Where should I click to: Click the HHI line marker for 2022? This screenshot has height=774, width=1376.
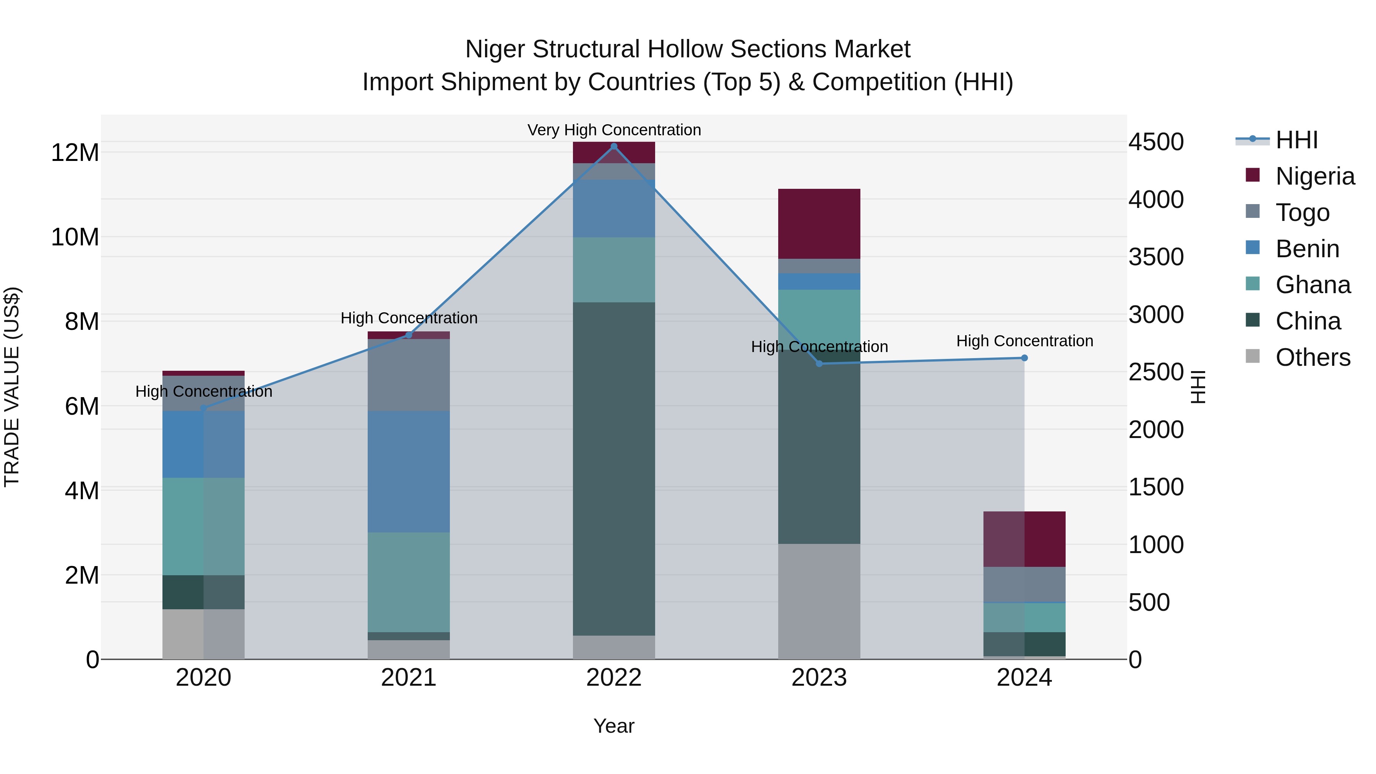pyautogui.click(x=614, y=146)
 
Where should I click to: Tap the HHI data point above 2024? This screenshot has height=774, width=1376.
pyautogui.click(x=1024, y=358)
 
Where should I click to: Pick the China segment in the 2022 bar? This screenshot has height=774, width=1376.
pyautogui.click(x=614, y=469)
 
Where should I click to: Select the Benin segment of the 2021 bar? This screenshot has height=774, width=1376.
pyautogui.click(x=409, y=471)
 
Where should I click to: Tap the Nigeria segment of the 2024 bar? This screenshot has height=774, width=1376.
pyautogui.click(x=1024, y=539)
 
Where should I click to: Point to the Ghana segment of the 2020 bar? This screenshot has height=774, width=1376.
pyautogui.click(x=203, y=526)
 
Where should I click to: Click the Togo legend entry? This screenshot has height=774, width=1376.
pyautogui.click(x=1302, y=213)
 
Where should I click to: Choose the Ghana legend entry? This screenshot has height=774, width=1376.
pyautogui.click(x=1313, y=285)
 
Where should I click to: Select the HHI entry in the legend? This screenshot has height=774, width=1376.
pyautogui.click(x=1296, y=140)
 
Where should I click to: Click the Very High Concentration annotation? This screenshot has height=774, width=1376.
pyautogui.click(x=614, y=130)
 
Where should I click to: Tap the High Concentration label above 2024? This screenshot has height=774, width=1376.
pyautogui.click(x=1024, y=341)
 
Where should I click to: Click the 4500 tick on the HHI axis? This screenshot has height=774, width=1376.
pyautogui.click(x=1156, y=142)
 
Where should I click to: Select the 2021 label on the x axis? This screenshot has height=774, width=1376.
pyautogui.click(x=409, y=678)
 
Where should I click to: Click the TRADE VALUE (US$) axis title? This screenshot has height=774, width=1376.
pyautogui.click(x=12, y=387)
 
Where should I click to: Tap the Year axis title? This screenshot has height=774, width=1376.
pyautogui.click(x=614, y=726)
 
